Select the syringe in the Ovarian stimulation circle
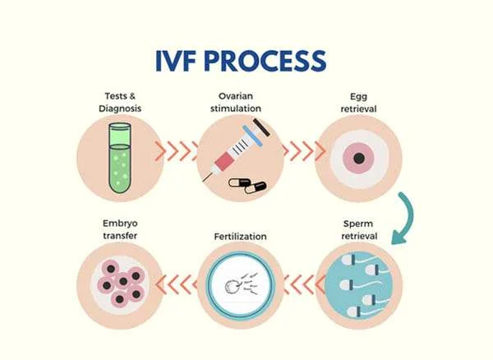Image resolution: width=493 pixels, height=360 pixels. pos(237,148)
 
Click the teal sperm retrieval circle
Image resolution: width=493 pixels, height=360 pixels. pos(361,284)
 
